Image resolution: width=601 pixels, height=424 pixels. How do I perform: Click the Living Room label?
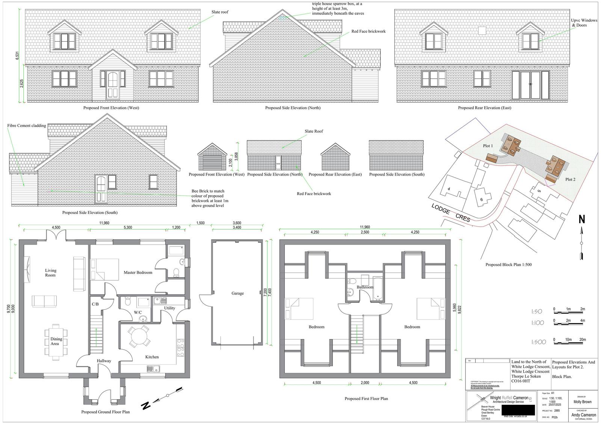point(50,273)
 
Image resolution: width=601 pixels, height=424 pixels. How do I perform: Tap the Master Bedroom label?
point(138,272)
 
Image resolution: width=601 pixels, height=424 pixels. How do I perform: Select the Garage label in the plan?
point(237,293)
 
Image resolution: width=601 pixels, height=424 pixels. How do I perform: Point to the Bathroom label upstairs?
point(365,287)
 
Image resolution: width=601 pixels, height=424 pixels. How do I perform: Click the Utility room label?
point(169,308)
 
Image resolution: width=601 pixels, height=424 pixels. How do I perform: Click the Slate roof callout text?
point(220,12)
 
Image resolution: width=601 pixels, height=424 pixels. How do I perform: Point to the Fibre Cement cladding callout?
point(27,126)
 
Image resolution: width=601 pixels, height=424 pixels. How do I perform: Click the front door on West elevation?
point(113,84)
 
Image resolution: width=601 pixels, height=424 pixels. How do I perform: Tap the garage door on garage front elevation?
point(212,162)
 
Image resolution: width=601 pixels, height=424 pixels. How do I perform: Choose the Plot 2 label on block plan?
point(570,179)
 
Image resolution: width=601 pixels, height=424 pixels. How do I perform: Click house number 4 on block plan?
point(449,189)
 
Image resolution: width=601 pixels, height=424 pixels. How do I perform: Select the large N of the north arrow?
point(581,219)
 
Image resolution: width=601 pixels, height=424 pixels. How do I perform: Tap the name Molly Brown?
point(582,401)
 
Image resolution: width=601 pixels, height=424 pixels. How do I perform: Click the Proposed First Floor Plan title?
point(366,398)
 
